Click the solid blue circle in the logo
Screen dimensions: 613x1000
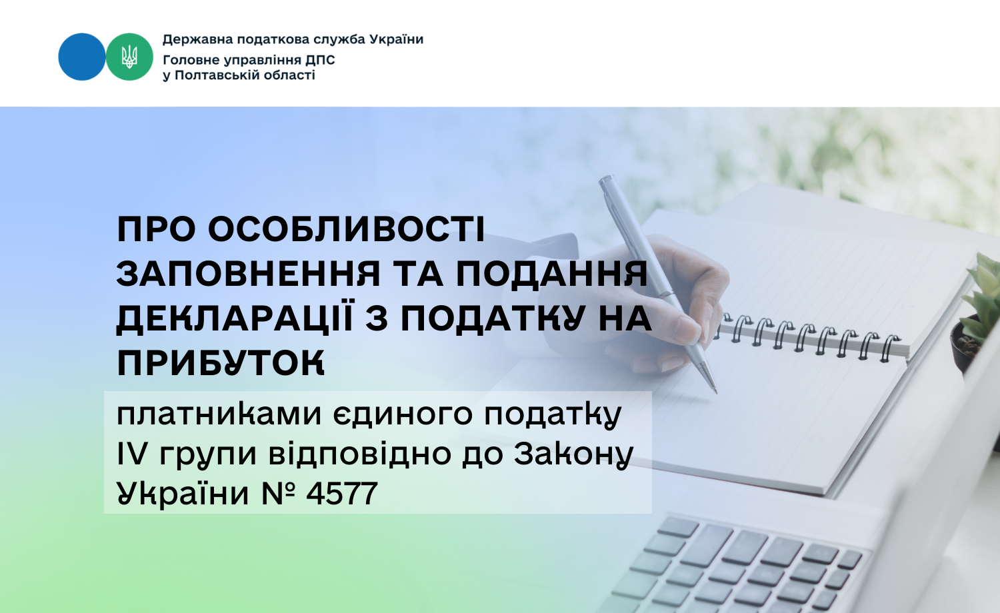click(x=81, y=57)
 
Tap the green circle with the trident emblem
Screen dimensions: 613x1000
click(x=129, y=57)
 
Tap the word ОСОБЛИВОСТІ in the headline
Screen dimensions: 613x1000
click(x=347, y=230)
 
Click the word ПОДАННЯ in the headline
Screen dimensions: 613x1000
click(x=551, y=274)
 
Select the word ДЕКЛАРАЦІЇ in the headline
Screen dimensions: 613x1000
click(x=235, y=318)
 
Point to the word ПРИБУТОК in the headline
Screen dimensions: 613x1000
click(x=221, y=363)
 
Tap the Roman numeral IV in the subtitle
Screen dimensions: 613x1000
click(x=131, y=454)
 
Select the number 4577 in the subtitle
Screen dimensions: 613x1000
click(x=341, y=494)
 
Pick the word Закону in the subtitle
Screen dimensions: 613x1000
click(x=573, y=454)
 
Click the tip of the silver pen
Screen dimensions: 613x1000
click(x=714, y=389)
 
